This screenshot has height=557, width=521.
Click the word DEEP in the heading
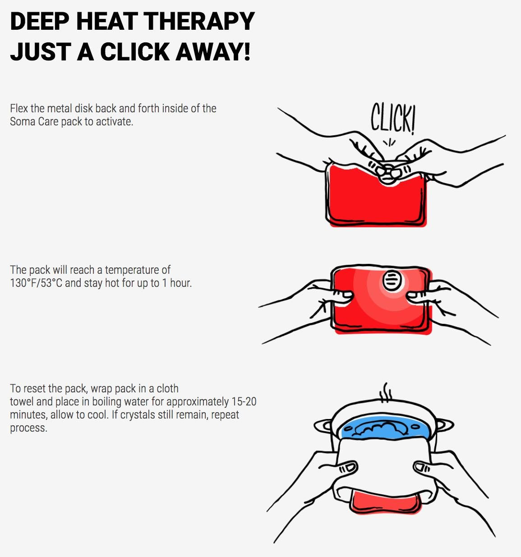click(40, 21)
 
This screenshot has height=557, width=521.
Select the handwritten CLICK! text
click(393, 118)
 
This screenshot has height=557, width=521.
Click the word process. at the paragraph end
click(28, 428)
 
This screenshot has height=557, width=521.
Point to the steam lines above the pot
click(385, 393)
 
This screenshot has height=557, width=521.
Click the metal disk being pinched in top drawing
click(388, 170)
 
